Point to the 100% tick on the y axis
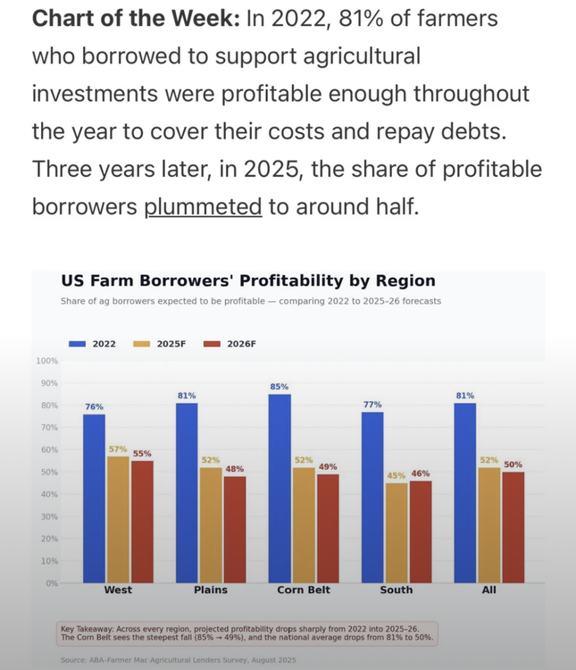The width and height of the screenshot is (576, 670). coord(46,361)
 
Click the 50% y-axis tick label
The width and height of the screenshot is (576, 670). coord(48,472)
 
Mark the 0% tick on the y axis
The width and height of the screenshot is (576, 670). coord(51,583)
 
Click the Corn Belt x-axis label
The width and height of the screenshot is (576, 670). coord(304,590)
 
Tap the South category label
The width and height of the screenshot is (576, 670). coord(397,590)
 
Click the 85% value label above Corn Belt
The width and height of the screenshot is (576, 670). coord(280,387)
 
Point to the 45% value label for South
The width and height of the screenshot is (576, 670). coord(397,475)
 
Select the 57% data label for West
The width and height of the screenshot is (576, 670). coord(118,449)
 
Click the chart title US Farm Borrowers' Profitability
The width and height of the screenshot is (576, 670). coord(248,281)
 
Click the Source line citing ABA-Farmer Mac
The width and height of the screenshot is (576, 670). coord(179,660)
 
